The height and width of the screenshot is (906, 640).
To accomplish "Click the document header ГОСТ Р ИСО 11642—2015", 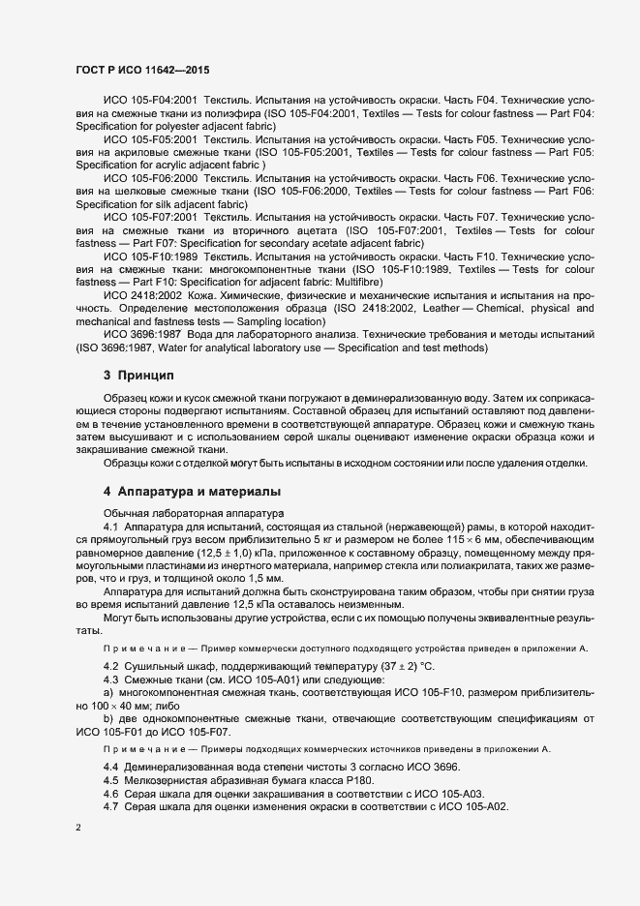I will tap(142, 71).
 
